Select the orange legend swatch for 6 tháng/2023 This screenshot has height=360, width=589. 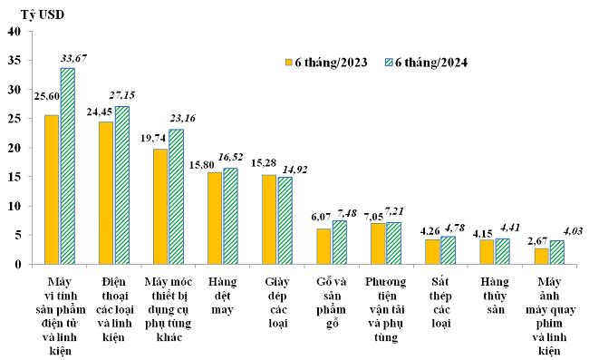[x=287, y=63]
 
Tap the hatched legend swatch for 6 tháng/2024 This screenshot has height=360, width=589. [x=391, y=63]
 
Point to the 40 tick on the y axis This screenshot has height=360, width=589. [x=15, y=32]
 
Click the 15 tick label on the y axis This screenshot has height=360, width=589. [x=15, y=177]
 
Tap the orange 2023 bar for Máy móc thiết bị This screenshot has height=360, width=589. [x=160, y=206]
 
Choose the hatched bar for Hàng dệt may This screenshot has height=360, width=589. [x=230, y=216]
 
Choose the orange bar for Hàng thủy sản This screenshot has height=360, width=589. [x=487, y=251]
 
